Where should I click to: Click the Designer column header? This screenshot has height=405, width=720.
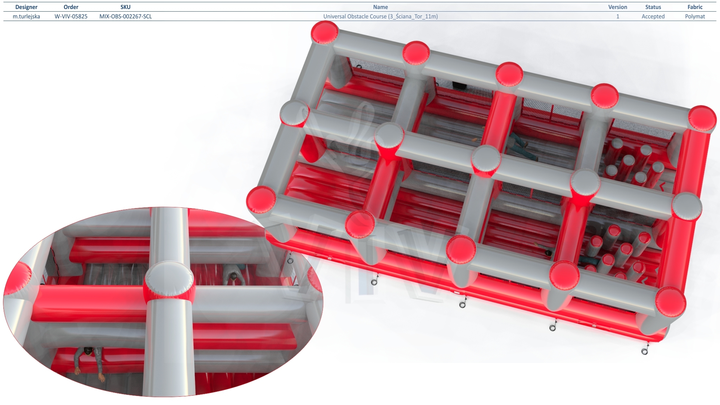pos(26,7)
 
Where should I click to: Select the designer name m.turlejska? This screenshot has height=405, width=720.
pos(26,16)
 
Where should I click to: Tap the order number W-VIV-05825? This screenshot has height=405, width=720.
pos(71,16)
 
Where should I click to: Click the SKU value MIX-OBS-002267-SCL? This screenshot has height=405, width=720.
pos(126,16)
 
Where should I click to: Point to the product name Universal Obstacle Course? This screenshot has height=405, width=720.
pos(355,16)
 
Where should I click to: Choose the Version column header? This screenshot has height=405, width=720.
pos(618,7)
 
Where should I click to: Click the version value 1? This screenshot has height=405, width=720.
pos(618,16)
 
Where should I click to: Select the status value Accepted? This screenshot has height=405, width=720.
pos(653,16)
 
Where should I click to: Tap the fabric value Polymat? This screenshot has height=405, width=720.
pos(695,16)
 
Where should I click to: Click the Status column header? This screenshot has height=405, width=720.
pos(653,7)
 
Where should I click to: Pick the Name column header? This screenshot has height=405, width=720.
pos(380,7)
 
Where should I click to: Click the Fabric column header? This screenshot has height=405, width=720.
pos(695,7)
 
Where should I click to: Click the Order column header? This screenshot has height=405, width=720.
pos(71,7)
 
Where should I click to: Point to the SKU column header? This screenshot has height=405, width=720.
pos(126,7)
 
